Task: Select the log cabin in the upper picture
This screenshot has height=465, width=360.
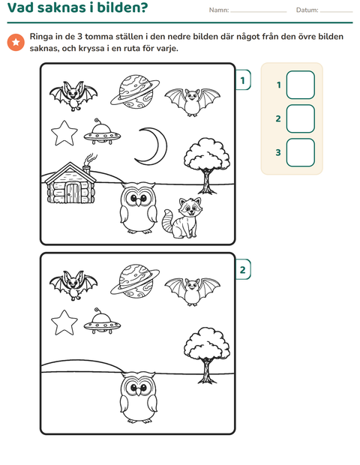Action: point(70,183)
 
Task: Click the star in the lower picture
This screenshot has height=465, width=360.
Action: point(64,322)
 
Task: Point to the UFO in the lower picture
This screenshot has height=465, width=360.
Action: point(102,322)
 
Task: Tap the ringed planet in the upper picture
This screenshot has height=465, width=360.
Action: point(135,92)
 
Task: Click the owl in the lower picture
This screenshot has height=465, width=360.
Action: point(139,397)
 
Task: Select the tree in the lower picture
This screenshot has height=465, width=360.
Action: point(207,355)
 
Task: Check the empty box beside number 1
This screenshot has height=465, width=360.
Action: point(301,85)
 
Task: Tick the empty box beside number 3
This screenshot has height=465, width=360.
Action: point(301,152)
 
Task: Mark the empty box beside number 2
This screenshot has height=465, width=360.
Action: point(301,118)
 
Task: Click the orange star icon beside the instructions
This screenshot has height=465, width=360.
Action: point(16,42)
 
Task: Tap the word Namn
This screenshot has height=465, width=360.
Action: point(219,10)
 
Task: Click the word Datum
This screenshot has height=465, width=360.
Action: point(307,10)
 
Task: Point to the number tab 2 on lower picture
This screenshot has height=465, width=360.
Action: point(243,269)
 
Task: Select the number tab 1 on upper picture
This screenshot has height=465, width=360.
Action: point(243,80)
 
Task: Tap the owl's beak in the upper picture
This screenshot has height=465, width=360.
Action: point(138,202)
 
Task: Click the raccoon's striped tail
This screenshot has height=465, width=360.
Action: point(168,221)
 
